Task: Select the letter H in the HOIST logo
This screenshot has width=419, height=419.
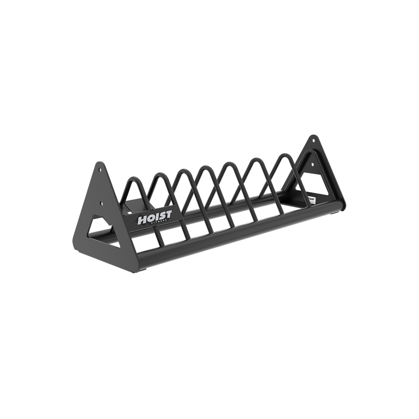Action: coord(142,221)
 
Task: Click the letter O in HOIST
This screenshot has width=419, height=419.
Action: coord(150,220)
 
